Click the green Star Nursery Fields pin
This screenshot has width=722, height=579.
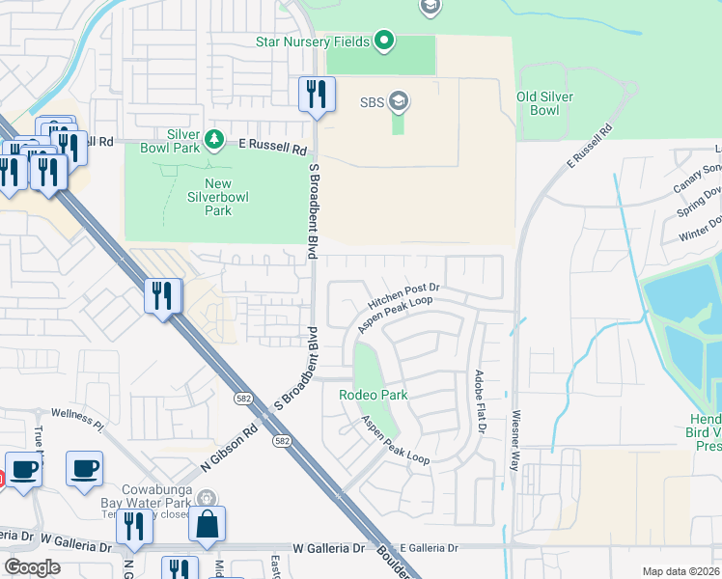coord(384,41)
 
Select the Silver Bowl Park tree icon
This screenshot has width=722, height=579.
coord(213,142)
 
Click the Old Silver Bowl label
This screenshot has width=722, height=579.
coord(544,103)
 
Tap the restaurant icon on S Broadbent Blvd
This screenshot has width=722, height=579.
coord(317,95)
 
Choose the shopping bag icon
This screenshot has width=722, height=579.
coord(207,525)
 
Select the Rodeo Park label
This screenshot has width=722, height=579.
coord(373,395)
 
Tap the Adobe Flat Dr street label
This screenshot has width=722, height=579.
coord(478,400)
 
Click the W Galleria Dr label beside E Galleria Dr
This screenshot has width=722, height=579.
coord(329,547)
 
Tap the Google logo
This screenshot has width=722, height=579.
coord(32,567)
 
